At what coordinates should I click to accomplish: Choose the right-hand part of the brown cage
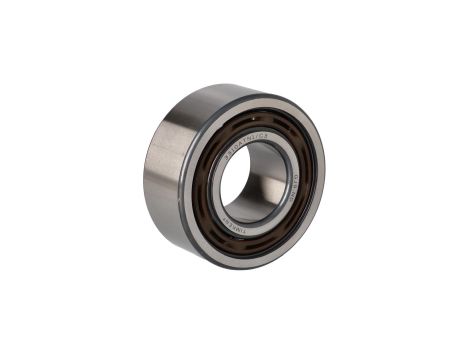click(306, 180)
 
